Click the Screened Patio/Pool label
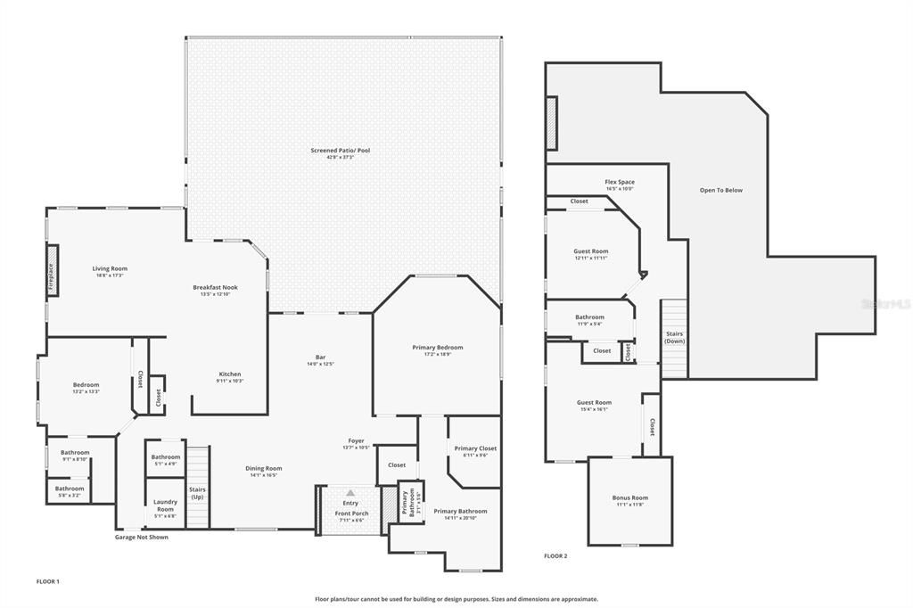pos(340,151)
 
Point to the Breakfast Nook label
pos(215,287)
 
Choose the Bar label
pos(319,357)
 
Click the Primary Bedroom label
pos(437,347)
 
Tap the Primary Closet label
pos(475,448)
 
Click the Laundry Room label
pos(165,505)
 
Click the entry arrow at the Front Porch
pos(350,492)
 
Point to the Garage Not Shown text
pos(141,537)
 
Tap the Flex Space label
pos(620,182)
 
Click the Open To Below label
pos(720,190)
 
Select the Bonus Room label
pos(629,497)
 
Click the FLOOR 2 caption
pos(555,555)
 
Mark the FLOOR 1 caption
pos(47,581)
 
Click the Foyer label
pos(357,441)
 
